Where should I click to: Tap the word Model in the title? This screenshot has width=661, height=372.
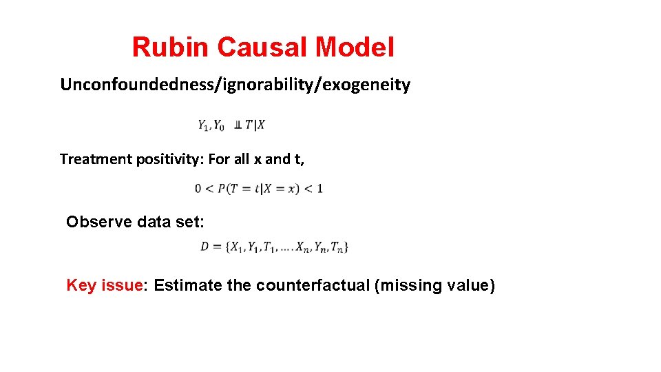pos(355,48)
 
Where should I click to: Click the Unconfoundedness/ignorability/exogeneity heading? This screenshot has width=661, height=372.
pos(235,85)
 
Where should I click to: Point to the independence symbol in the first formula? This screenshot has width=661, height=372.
pos(238,125)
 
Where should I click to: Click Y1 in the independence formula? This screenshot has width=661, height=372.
pos(203,125)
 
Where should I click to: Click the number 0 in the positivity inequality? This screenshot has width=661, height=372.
pos(198,188)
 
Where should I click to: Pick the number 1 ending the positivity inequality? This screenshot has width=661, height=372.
pos(319,188)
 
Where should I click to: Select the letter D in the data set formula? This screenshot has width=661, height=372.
pos(204,246)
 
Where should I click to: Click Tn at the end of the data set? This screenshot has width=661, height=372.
pos(337,247)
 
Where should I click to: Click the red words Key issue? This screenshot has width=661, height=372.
pos(104,285)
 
